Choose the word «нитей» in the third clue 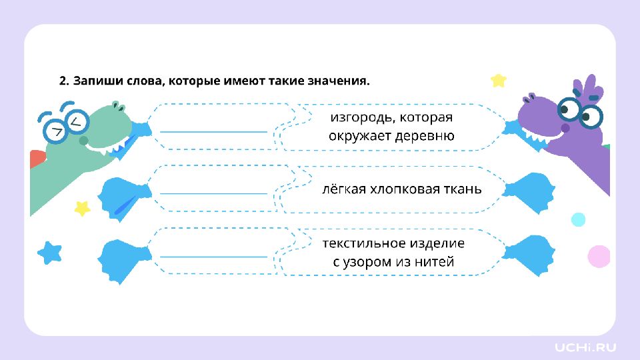tap(434, 261)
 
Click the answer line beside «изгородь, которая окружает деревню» tap(213, 132)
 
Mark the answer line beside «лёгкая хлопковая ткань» tap(213, 193)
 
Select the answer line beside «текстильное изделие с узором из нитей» tap(213, 257)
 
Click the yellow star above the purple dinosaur tap(499, 81)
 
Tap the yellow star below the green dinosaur tap(82, 208)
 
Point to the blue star tap(50, 253)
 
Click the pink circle tap(599, 256)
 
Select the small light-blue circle tap(578, 219)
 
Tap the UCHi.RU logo tap(585, 347)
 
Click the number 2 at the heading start tap(64, 81)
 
